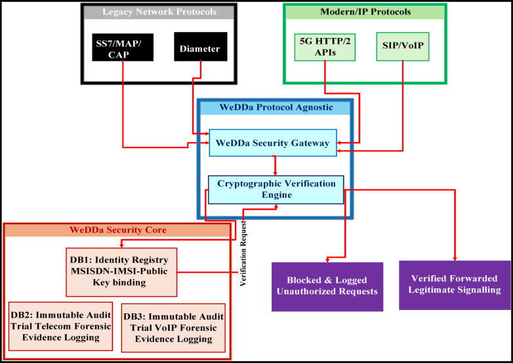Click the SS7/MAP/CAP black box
click(123, 47)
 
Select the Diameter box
click(201, 47)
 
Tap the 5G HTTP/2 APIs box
click(325, 47)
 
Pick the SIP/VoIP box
click(403, 47)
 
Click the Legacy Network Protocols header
click(159, 12)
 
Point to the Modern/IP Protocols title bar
click(365, 12)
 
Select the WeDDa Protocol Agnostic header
click(276, 108)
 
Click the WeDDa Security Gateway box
click(273, 143)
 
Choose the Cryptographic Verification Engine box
click(276, 189)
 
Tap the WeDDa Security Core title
click(118, 230)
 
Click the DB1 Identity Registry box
click(121, 272)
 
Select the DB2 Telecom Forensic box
click(60, 326)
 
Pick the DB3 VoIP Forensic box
click(173, 328)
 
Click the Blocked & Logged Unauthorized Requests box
click(327, 286)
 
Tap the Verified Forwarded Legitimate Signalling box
click(455, 285)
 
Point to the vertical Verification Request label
click(243, 254)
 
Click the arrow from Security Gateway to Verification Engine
click(275, 166)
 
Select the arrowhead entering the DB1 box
click(121, 245)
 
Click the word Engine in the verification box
click(277, 195)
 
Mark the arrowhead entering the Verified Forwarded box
click(455, 258)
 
